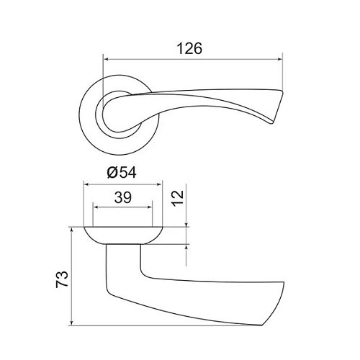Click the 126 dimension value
click(189, 48)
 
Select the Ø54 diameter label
click(122, 172)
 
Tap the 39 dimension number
click(123, 197)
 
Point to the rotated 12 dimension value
click(178, 197)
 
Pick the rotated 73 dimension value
click(62, 279)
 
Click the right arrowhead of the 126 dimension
click(280, 59)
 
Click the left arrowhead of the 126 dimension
click(106, 59)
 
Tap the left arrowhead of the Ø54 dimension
click(86, 184)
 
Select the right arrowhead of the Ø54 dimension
click(160, 184)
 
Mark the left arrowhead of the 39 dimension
click(96, 207)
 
